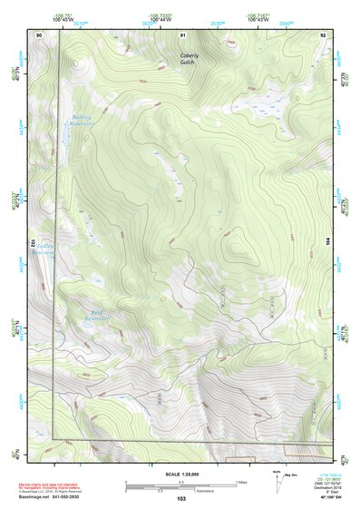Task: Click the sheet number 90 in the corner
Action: [40, 34]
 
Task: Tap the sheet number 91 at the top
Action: [182, 34]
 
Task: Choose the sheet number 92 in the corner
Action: [323, 34]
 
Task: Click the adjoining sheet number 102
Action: [31, 243]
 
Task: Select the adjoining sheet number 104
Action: [328, 242]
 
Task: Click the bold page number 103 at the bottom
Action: [181, 499]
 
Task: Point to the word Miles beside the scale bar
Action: [241, 481]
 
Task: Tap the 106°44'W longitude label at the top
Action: [160, 19]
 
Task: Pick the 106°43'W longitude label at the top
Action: [261, 19]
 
